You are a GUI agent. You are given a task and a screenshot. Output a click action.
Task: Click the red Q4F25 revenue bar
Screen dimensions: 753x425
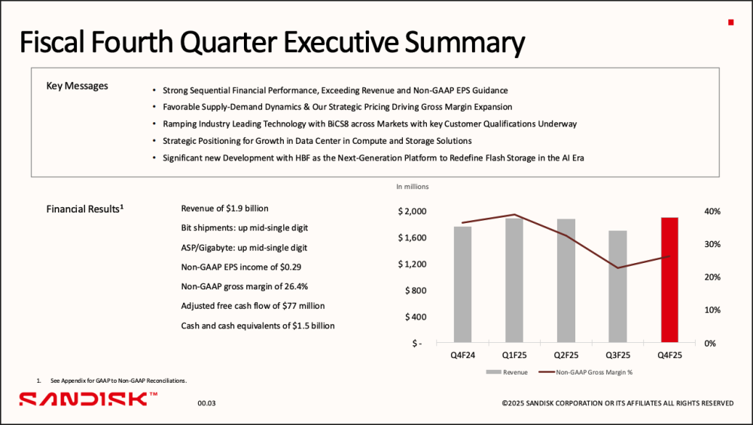pos(669,280)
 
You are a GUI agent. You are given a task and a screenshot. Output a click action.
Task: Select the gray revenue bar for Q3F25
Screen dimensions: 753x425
pos(617,286)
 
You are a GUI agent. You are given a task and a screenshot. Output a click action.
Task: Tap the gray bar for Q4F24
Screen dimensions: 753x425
pos(462,284)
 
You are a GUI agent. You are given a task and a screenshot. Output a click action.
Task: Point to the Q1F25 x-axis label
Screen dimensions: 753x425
pos(514,355)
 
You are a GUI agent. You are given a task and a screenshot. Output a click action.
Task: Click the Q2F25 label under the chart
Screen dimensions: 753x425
pos(566,355)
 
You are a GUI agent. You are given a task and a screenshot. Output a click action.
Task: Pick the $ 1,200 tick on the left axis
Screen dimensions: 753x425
pos(412,264)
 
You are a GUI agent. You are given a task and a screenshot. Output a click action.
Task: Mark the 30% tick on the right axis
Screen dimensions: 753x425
pos(712,244)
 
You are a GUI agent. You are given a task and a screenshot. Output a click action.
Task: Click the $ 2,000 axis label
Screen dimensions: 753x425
pos(412,212)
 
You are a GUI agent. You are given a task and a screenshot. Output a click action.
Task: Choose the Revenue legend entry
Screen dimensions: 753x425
pos(507,372)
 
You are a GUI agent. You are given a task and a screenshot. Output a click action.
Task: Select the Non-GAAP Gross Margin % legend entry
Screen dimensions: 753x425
pos(585,372)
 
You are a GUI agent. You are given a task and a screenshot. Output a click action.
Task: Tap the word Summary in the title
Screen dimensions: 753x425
pos(465,43)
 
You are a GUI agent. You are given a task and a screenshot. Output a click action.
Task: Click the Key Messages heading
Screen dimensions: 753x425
pos(77,86)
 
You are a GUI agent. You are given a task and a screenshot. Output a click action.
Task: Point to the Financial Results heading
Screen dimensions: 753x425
pos(84,209)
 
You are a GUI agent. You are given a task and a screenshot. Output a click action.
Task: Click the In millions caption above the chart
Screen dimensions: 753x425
pos(413,187)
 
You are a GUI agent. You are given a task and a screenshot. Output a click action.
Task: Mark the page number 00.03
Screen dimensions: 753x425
pos(207,403)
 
